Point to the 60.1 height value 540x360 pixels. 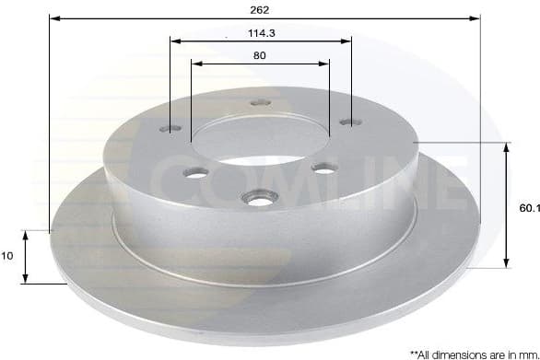pyautogui.click(x=528, y=209)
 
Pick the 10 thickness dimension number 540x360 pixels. pyautogui.click(x=8, y=258)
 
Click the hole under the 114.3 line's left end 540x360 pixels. pyautogui.click(x=172, y=130)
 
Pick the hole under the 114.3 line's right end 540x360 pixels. pyautogui.click(x=347, y=121)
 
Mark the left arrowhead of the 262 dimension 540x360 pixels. pyautogui.click(x=53, y=17)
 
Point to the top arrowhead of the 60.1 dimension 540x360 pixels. pyautogui.click(x=505, y=147)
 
